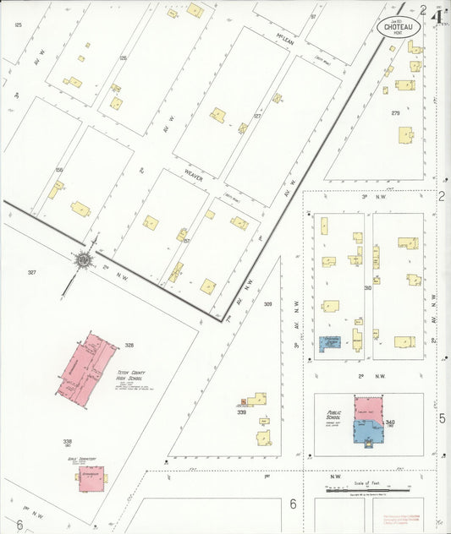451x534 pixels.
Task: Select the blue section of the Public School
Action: coord(367,432)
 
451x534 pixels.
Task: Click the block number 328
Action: coord(129,345)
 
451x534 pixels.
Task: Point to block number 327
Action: coord(32,272)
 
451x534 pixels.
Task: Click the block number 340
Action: coord(389,421)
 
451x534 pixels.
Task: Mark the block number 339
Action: coord(241,412)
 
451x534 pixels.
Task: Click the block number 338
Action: coord(67,441)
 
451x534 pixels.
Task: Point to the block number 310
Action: coord(368,288)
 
